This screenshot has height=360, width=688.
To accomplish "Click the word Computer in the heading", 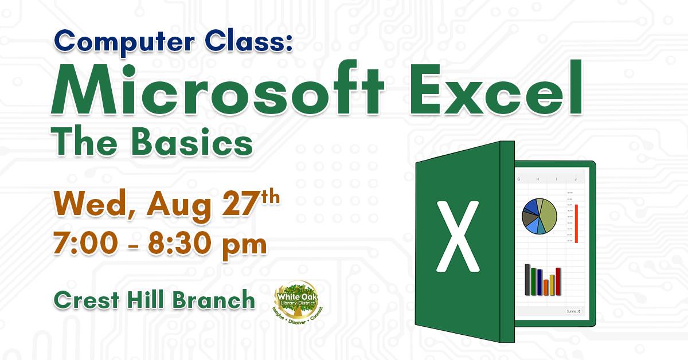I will pyautogui.click(x=105, y=42).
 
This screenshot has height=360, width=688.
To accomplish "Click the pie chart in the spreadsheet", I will pyautogui.click(x=540, y=216).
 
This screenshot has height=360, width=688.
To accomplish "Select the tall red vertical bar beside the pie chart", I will pyautogui.click(x=576, y=223).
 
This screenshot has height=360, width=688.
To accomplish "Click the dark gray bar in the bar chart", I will pyautogui.click(x=527, y=279).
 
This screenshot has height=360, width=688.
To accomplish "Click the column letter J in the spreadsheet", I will pyautogui.click(x=576, y=179).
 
